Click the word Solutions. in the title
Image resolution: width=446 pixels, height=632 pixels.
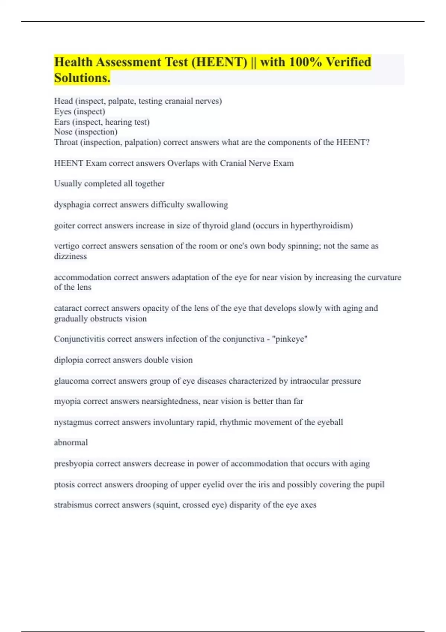tap(82, 78)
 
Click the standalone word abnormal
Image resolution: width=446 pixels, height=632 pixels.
tap(71, 442)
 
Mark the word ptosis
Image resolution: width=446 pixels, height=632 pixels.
tap(64, 485)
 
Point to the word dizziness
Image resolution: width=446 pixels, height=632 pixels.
tap(70, 256)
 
